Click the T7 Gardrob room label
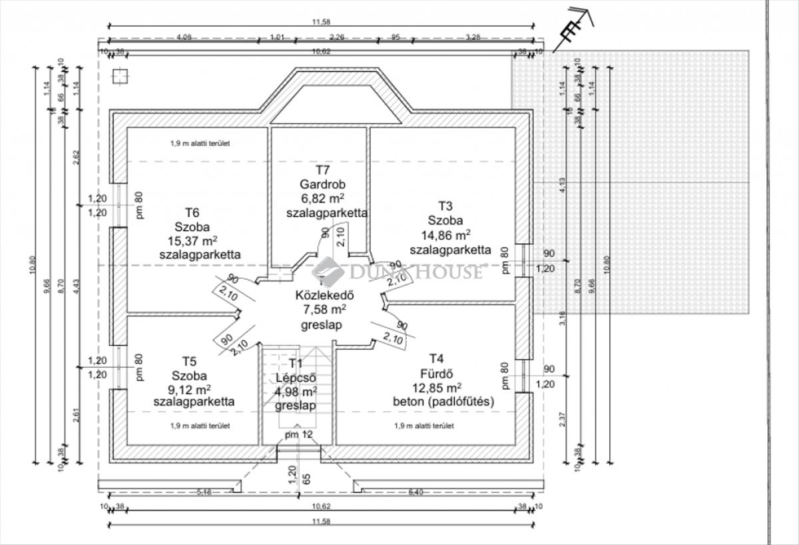(322, 185)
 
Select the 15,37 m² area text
(192, 241)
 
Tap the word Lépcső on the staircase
(295, 377)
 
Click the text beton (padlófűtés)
(443, 402)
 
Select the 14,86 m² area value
(446, 235)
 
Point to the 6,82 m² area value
(322, 199)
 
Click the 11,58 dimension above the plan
(322, 22)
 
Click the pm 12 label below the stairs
(299, 435)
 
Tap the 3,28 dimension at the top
(473, 37)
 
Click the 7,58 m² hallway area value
(323, 310)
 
